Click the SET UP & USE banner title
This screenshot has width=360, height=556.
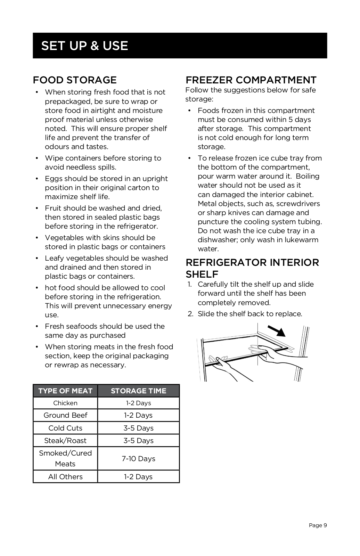(84, 46)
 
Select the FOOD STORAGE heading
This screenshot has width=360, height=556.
(75, 80)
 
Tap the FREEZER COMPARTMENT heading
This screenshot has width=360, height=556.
(251, 80)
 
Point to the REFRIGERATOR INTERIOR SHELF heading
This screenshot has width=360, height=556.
(252, 268)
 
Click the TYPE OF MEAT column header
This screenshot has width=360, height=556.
(65, 391)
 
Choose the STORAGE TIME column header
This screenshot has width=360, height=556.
(138, 391)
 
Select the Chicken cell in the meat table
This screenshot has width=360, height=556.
(65, 403)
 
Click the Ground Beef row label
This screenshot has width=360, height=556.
(65, 415)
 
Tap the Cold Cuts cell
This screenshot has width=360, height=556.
(65, 428)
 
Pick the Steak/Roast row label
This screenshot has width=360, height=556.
(65, 441)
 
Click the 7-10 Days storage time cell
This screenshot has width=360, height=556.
(138, 459)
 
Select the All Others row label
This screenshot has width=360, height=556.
(65, 477)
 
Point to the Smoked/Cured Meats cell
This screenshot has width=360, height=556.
(65, 458)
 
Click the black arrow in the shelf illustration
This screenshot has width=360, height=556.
(277, 331)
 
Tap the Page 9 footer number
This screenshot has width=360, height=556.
(318, 525)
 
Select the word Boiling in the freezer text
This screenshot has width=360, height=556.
(308, 176)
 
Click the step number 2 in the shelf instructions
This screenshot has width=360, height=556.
(190, 314)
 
